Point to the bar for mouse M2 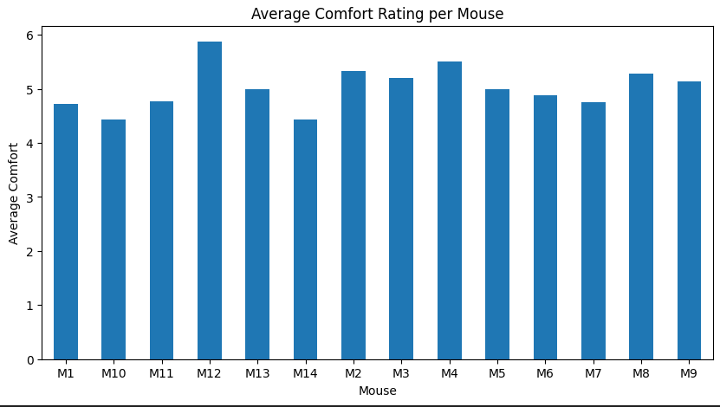pos(354,216)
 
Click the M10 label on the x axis pos(114,372)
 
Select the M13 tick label pos(257,372)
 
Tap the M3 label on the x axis pos(401,372)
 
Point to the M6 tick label pos(545,372)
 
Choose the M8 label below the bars pos(641,372)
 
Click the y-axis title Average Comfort pos(14,193)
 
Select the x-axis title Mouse pos(378,391)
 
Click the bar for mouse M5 pos(497,224)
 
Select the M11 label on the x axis pos(161,372)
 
